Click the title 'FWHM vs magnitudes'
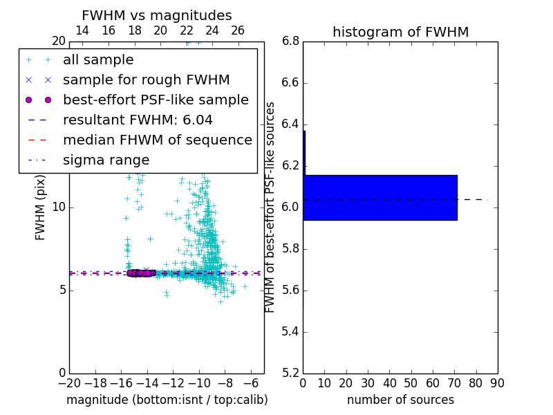pyautogui.click(x=157, y=15)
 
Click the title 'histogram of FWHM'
pyautogui.click(x=400, y=32)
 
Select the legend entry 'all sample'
pyautogui.click(x=98, y=60)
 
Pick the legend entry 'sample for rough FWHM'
pyautogui.click(x=146, y=80)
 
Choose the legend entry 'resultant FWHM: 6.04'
pyautogui.click(x=138, y=120)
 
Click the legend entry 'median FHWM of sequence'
pyautogui.click(x=157, y=140)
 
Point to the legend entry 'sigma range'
pyautogui.click(x=106, y=160)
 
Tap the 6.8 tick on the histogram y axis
pyautogui.click(x=290, y=41)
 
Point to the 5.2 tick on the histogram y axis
pyautogui.click(x=290, y=373)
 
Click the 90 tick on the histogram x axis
pyautogui.click(x=498, y=383)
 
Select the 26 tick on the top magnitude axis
pyautogui.click(x=238, y=30)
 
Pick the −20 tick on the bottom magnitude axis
pyautogui.click(x=69, y=383)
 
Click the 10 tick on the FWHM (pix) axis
pyautogui.click(x=58, y=207)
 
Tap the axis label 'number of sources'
pyautogui.click(x=400, y=400)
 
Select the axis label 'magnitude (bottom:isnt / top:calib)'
pyautogui.click(x=167, y=400)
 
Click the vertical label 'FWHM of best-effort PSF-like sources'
pyautogui.click(x=271, y=207)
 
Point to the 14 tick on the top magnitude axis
pyautogui.click(x=82, y=30)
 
